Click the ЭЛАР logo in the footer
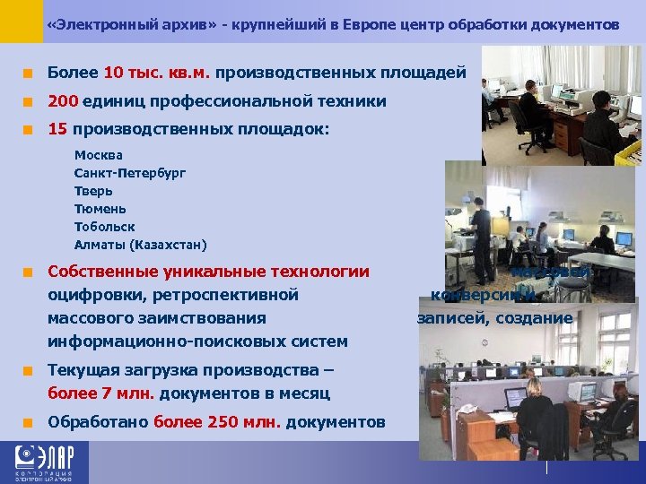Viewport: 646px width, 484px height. [45, 463]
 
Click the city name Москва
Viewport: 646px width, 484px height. [99, 155]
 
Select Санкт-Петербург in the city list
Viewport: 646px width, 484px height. [130, 173]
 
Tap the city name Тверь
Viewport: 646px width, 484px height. [93, 191]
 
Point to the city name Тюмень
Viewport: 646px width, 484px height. [100, 209]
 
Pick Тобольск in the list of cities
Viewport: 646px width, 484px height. [104, 227]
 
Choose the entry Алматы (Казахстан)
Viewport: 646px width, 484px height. [140, 245]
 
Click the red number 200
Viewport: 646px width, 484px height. [63, 101]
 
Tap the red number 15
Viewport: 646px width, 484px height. [57, 129]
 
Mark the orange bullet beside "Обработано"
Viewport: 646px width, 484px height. [30, 422]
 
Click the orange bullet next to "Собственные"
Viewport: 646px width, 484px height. [30, 272]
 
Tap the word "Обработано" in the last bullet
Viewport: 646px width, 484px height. [99, 422]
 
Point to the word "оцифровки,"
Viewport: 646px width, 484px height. [98, 294]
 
